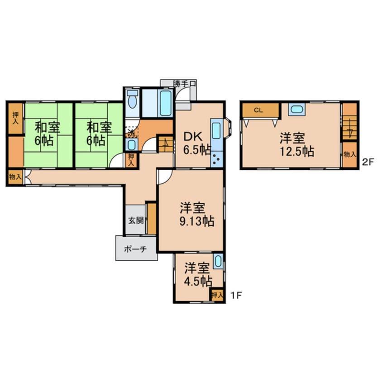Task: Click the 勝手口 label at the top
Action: (184, 83)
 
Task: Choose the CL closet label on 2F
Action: (259, 110)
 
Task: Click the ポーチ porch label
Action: (136, 249)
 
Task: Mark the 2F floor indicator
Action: (368, 161)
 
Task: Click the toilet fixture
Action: (132, 100)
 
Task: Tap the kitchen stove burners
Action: (216, 159)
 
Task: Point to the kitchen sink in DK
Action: (216, 129)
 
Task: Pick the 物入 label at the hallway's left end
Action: (14, 177)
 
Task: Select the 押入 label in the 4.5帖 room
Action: (217, 295)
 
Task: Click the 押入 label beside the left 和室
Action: (15, 118)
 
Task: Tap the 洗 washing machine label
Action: (130, 133)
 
